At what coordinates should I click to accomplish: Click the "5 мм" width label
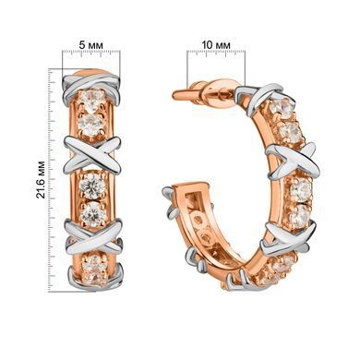click(x=91, y=44)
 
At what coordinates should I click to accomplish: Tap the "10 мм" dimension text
click(x=216, y=44)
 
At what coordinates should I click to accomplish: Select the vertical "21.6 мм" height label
click(x=41, y=179)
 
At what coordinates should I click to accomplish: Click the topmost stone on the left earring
click(x=93, y=98)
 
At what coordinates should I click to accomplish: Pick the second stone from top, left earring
click(x=90, y=123)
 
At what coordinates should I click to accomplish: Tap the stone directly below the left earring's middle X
click(x=92, y=185)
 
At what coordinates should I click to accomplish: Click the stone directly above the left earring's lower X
click(x=92, y=212)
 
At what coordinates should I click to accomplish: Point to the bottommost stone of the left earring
click(x=94, y=268)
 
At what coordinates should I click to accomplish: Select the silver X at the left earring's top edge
click(x=91, y=85)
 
